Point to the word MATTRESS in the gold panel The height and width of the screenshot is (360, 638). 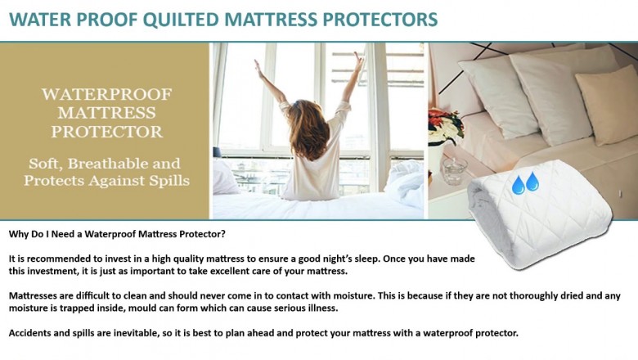(x=108, y=112)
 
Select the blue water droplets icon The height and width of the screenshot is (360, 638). (x=524, y=182)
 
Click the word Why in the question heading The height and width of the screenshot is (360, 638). (x=19, y=234)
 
